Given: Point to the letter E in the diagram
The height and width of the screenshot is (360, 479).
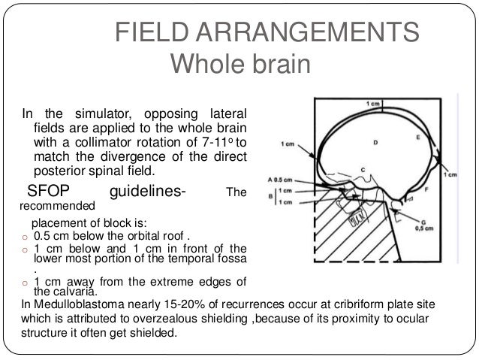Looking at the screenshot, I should click(417, 138).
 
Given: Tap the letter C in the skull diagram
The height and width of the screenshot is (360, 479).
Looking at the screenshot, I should click(363, 168).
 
